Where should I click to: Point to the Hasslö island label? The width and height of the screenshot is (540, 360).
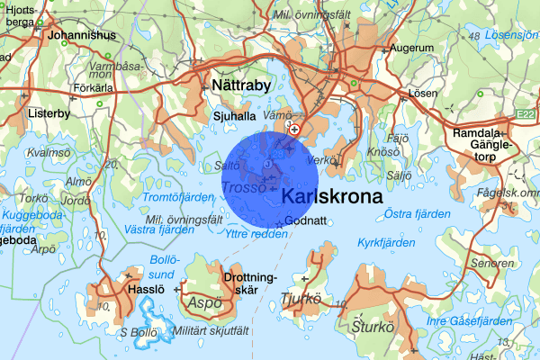[146, 290]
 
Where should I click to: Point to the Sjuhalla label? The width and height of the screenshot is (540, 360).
[236, 115]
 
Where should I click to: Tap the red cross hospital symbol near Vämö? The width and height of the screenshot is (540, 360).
[293, 130]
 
